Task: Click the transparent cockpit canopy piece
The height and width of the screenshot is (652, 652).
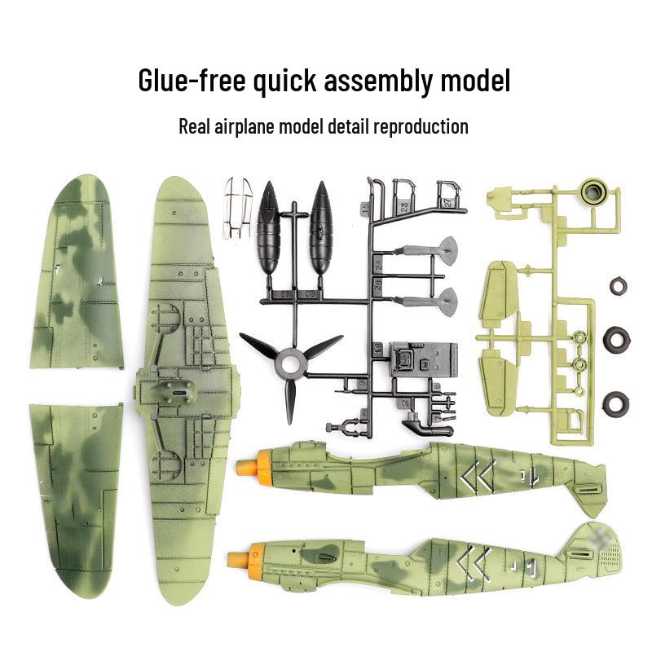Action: [236, 207]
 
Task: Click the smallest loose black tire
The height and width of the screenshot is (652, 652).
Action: [618, 286]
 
